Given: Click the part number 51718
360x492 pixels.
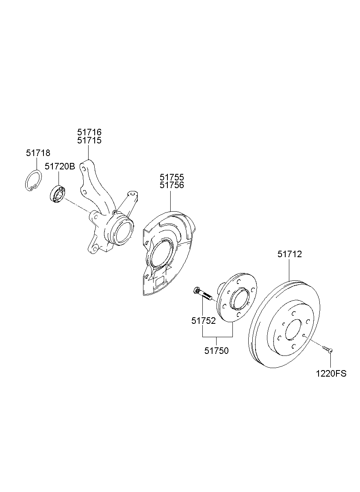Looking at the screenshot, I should [x=38, y=153].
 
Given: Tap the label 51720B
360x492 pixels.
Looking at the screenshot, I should [x=60, y=166].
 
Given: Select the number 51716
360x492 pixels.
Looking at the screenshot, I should [x=89, y=132].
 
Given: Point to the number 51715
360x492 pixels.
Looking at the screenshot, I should [x=89, y=141].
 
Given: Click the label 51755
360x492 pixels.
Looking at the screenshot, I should [x=171, y=178].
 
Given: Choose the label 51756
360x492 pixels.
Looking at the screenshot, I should [x=171, y=185].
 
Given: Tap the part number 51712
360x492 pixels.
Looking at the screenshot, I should [x=290, y=254].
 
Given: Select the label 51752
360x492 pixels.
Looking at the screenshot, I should [x=204, y=321].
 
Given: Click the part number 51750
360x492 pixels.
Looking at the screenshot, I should [x=216, y=351].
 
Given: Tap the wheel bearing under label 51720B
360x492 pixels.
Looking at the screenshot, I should [x=57, y=194].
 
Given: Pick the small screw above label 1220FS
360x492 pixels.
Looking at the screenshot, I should [x=327, y=349].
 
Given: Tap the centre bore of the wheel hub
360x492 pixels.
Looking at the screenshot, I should [x=239, y=300].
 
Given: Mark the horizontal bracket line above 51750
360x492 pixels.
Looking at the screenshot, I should [x=217, y=337].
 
